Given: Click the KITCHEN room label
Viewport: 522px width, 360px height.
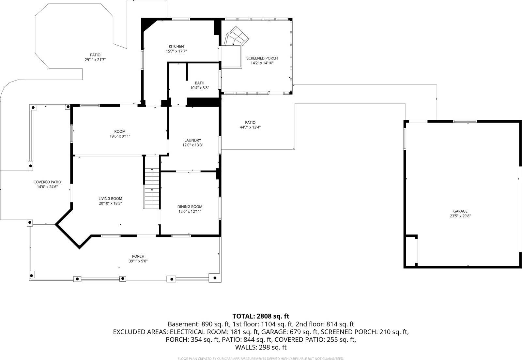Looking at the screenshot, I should [176, 46].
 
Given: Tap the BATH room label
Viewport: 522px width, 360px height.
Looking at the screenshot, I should [199, 83].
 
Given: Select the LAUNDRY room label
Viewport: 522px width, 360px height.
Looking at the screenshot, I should [192, 140].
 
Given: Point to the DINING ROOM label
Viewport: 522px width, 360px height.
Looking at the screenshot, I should [190, 206].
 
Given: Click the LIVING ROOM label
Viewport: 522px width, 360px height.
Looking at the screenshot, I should [110, 198].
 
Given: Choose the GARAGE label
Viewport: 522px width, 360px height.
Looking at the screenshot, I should [460, 211].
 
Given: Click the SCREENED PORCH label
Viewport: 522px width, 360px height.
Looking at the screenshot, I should [262, 58].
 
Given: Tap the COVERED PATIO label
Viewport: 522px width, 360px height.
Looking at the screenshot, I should [47, 182].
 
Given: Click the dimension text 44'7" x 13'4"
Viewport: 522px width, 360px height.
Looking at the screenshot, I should [250, 127].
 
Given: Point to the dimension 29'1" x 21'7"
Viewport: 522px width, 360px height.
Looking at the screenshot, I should [95, 60].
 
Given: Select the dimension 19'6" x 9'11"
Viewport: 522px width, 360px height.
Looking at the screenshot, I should [120, 136].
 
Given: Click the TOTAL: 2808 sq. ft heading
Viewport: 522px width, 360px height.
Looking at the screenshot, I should [261, 316].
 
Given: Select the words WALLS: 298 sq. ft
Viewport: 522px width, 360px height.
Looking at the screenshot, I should [261, 347].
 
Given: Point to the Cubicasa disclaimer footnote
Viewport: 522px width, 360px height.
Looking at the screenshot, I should [261, 358].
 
